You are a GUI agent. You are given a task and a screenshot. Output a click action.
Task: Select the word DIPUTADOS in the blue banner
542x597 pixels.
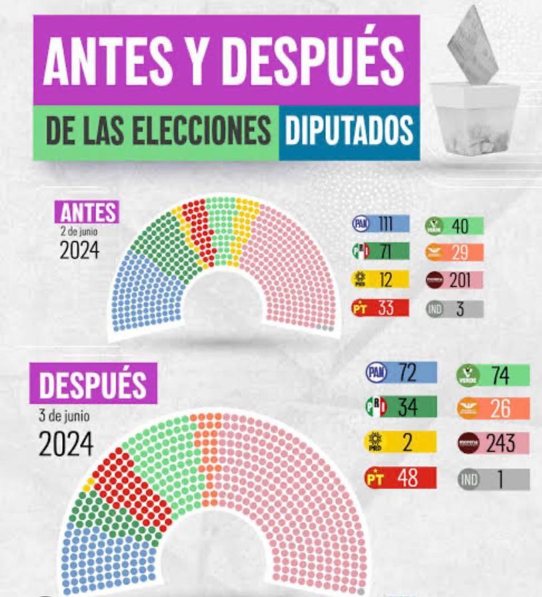click(349, 131)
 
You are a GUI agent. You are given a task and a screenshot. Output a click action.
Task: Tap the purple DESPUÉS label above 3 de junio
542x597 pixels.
click(93, 384)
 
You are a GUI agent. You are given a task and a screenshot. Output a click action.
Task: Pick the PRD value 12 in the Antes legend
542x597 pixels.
click(386, 280)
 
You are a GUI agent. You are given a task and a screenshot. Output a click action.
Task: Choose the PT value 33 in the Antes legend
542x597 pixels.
click(386, 309)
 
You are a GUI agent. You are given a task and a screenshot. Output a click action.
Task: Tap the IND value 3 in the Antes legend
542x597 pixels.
click(460, 309)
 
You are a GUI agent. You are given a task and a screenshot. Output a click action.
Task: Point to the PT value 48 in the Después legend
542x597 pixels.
click(407, 478)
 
